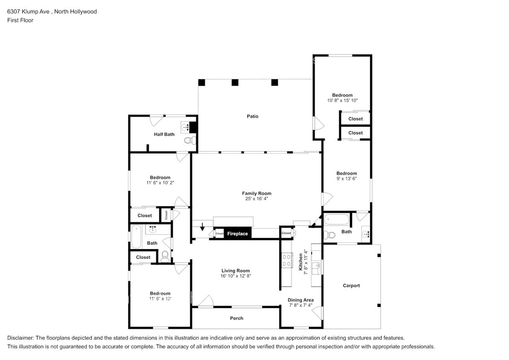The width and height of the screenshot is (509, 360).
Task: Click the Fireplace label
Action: (237, 234)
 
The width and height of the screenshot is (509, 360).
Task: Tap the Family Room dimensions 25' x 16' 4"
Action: (256, 199)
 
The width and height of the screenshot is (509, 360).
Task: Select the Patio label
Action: (253, 116)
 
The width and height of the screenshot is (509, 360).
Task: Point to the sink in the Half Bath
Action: (185, 127)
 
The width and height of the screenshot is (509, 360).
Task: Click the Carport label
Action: (351, 286)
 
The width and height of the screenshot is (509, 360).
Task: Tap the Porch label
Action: (237, 318)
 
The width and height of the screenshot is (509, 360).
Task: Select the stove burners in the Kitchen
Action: (286, 260)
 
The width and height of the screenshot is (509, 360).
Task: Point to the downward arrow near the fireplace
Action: (203, 226)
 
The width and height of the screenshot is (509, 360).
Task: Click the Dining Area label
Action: (301, 300)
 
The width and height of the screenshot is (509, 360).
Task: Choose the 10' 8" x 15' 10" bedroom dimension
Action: (343, 101)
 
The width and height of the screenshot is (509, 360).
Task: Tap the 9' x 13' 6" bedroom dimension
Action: (347, 179)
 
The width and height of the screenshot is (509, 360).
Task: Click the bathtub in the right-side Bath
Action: (337, 219)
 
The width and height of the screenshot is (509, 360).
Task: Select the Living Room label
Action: (236, 271)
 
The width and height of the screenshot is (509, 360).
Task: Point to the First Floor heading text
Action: (20, 20)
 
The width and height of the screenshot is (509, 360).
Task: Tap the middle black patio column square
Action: (235, 82)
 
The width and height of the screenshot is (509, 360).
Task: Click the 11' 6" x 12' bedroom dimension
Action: (160, 299)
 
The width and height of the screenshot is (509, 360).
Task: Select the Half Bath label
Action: (164, 134)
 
